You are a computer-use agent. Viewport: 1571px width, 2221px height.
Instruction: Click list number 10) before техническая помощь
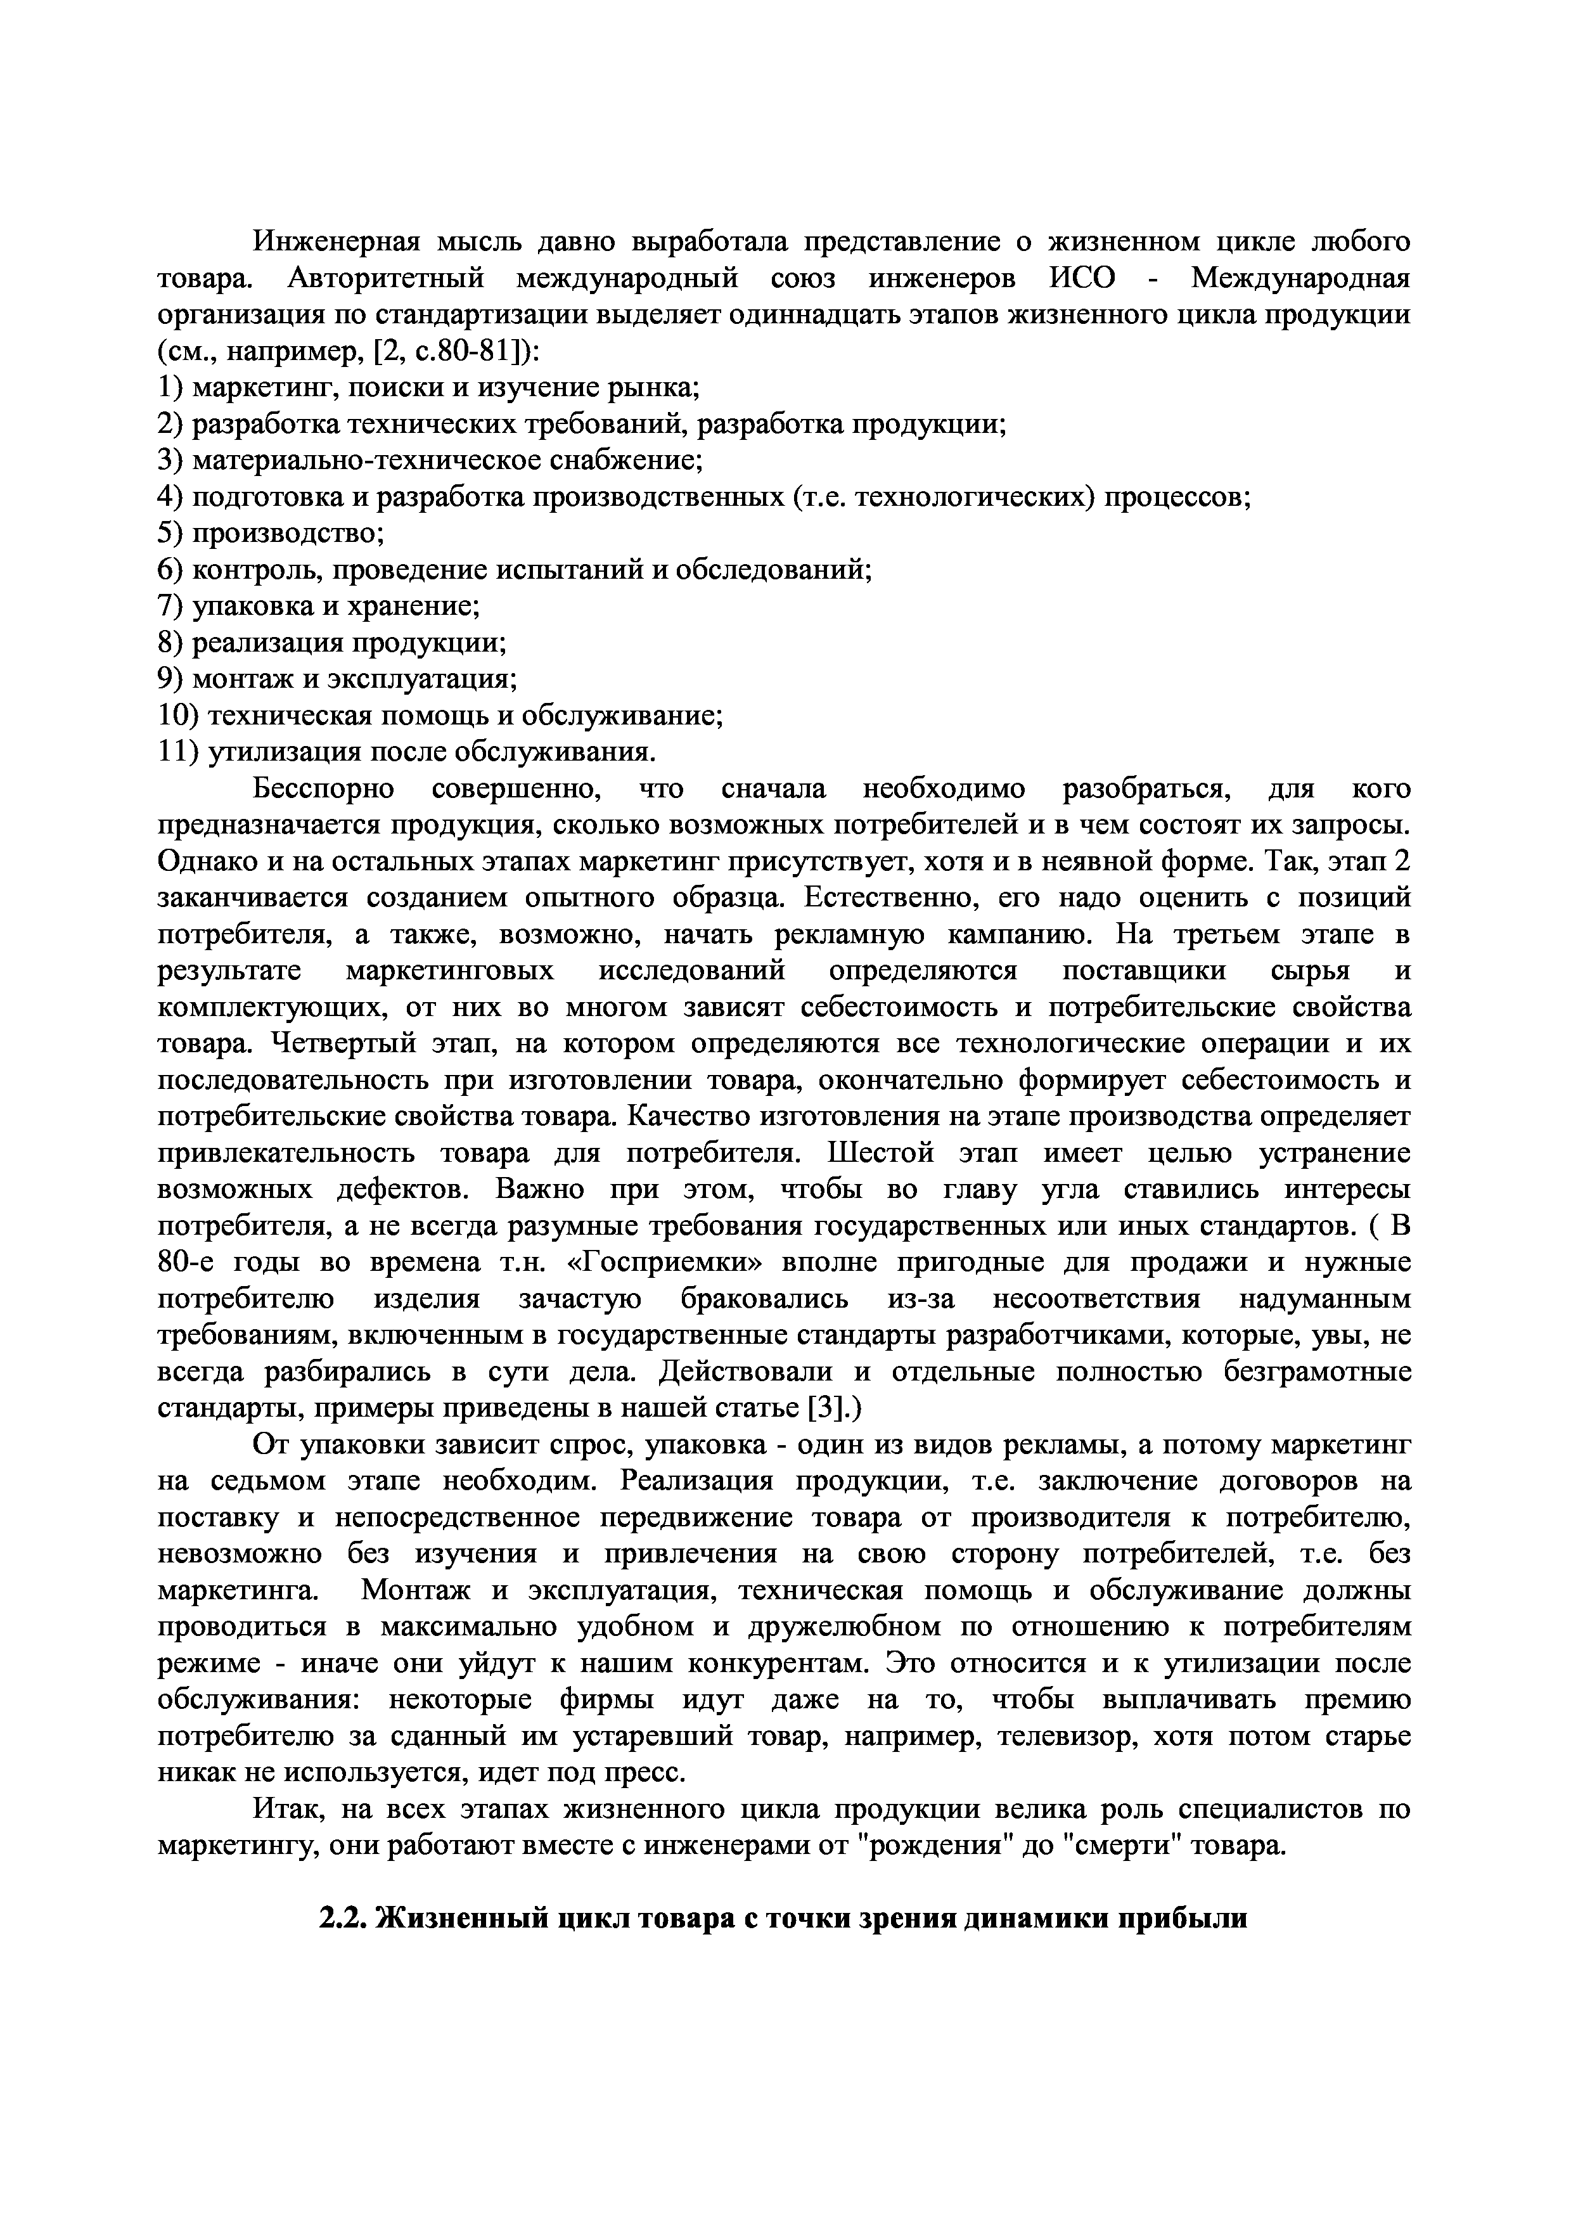pyautogui.click(x=179, y=716)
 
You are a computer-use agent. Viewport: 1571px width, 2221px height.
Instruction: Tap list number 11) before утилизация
pyautogui.click(x=179, y=752)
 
